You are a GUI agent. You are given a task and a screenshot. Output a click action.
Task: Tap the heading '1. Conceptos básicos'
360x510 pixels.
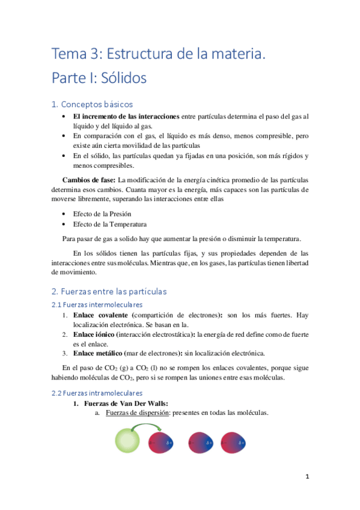[x=93, y=104]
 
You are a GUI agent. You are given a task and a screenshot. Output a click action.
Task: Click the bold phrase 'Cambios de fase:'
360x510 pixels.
[x=90, y=180]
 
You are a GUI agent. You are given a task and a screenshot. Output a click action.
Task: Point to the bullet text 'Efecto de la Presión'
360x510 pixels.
[x=102, y=214]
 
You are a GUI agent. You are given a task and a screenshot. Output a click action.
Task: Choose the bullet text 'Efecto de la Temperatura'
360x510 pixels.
[x=110, y=224]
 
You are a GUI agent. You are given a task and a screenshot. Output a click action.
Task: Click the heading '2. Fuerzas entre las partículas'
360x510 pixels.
[x=109, y=292]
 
